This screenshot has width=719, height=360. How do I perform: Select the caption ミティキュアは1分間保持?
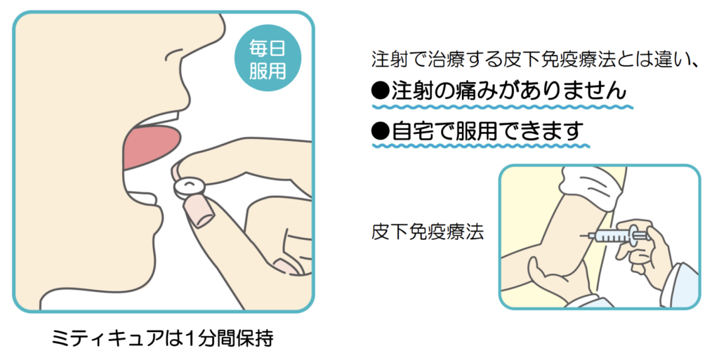162,339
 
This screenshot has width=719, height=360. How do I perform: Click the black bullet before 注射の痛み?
381,92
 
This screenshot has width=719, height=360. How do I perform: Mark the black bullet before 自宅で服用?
381,131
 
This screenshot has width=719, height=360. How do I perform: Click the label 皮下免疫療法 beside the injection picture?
428,232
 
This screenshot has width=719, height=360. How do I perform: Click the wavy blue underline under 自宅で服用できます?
480,146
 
